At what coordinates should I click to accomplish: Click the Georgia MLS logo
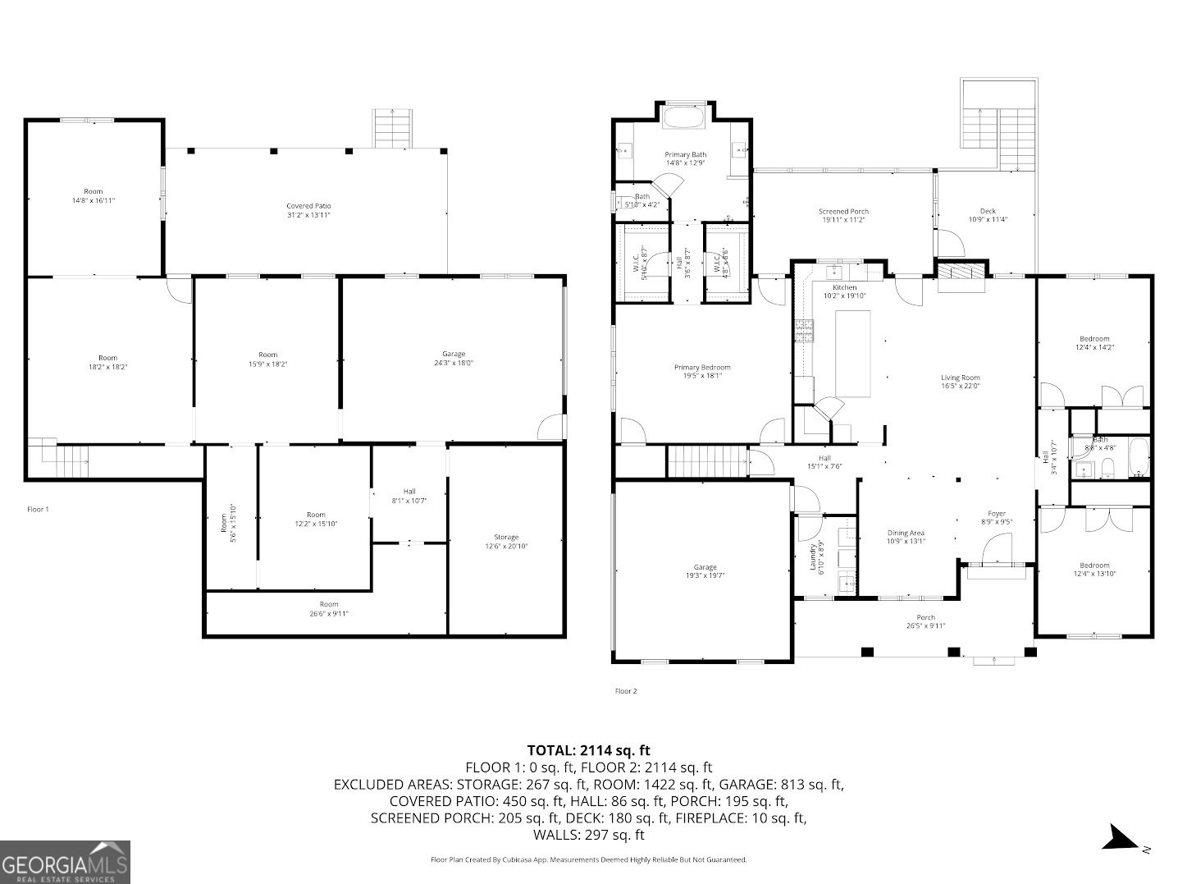point(65,862)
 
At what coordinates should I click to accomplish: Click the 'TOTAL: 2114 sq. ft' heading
point(588,749)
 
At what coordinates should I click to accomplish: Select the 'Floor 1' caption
point(38,510)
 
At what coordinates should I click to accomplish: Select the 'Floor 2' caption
point(625,691)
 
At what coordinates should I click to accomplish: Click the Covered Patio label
point(308,210)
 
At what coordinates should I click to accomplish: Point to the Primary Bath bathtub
point(683,117)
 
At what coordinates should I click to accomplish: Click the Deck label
point(988,215)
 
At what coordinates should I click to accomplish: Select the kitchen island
point(852,354)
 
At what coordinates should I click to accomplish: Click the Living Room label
point(960,382)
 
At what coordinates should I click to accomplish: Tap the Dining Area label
point(906,537)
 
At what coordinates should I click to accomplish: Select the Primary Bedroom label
point(702,372)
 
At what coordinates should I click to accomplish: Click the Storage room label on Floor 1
point(506,541)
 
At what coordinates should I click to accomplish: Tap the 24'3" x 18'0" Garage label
point(454,358)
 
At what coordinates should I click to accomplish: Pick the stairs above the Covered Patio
point(392,129)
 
